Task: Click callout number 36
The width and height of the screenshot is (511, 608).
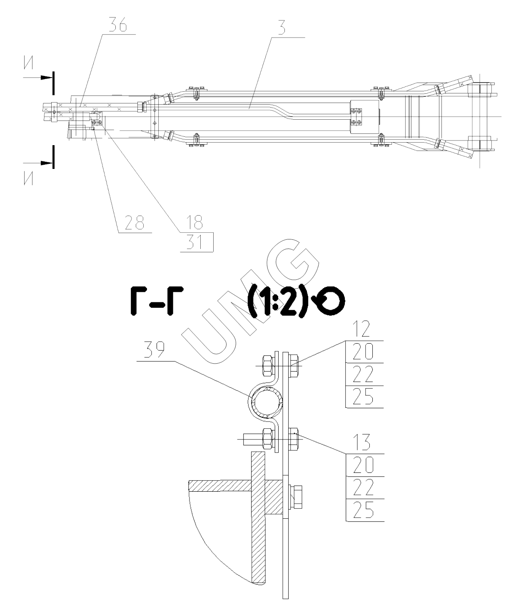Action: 118,26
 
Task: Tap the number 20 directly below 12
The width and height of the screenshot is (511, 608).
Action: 362,353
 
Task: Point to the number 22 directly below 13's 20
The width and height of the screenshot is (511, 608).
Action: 362,487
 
